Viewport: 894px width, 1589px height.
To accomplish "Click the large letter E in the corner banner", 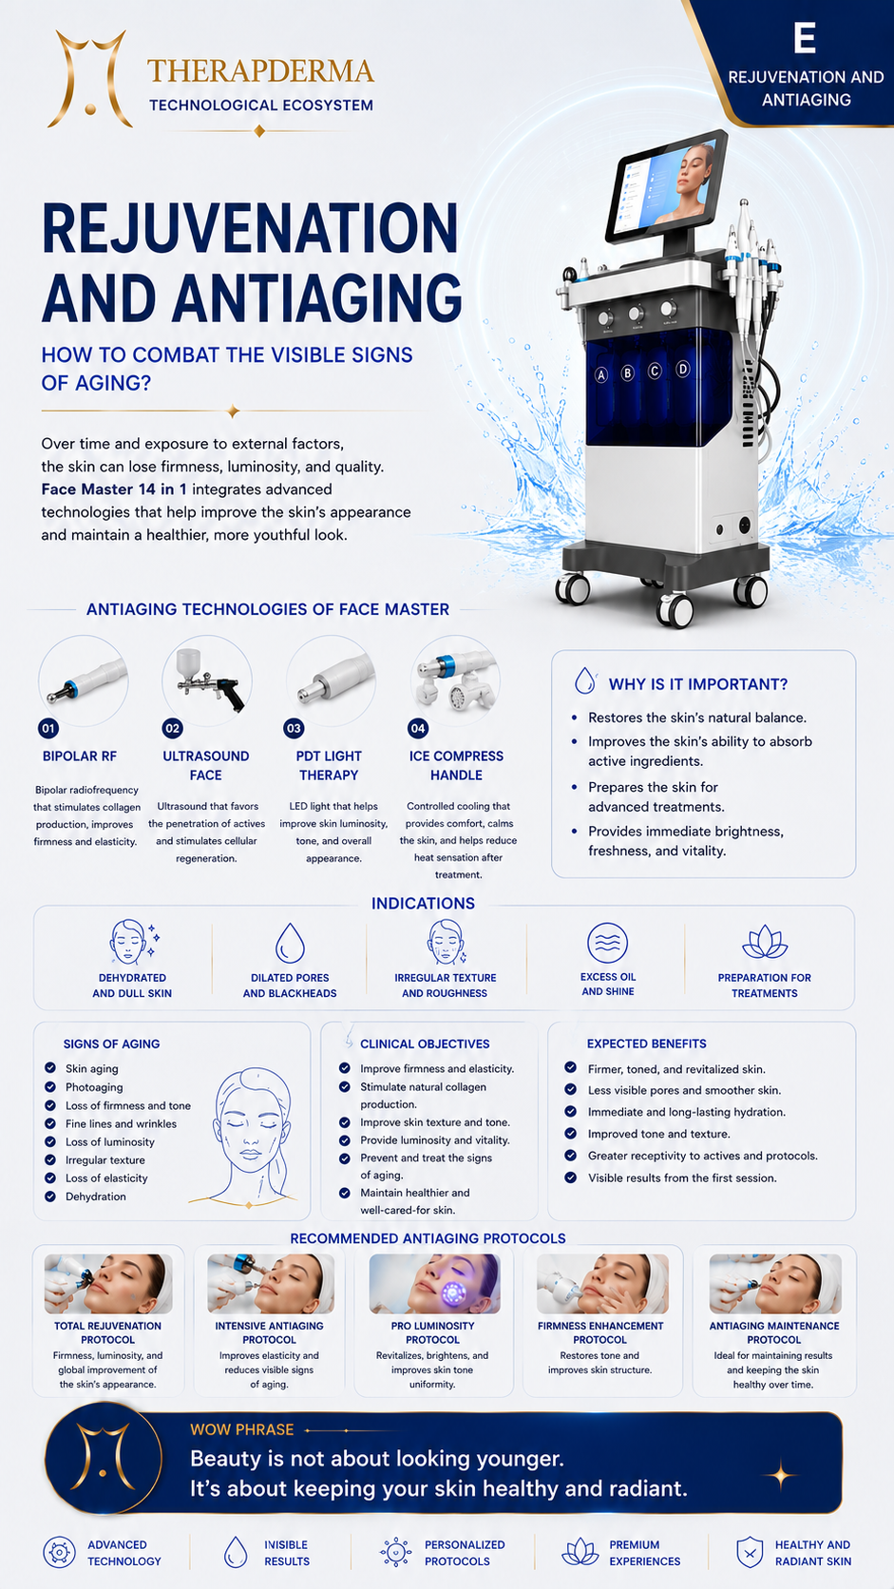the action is (805, 38).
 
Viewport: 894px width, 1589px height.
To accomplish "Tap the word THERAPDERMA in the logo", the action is (260, 71).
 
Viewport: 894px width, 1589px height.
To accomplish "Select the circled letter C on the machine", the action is (655, 371).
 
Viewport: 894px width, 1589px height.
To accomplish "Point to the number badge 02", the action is (172, 728).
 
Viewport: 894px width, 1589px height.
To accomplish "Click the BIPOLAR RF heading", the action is (80, 756).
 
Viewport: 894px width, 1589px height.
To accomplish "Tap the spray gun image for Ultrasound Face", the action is (210, 680).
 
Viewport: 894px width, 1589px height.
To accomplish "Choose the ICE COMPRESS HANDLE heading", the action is (457, 765).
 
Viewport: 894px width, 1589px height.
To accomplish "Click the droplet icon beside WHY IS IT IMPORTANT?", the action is (585, 680).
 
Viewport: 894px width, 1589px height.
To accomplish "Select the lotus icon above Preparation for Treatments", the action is (764, 943).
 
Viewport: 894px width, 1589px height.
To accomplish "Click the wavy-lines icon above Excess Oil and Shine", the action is (608, 944).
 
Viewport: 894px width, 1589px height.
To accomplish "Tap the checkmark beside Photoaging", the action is (50, 1086).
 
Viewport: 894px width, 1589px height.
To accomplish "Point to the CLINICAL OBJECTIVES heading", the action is (425, 1043).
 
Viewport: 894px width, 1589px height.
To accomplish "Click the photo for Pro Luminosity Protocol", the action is (434, 1283).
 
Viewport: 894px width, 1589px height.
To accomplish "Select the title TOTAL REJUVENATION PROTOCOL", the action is (107, 1332).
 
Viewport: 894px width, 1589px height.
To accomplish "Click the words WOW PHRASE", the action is (241, 1429).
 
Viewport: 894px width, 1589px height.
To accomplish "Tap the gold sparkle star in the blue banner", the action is (781, 1476).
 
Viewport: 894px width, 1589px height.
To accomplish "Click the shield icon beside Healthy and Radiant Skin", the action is (750, 1552).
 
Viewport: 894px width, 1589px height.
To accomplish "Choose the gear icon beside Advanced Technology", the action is (59, 1552).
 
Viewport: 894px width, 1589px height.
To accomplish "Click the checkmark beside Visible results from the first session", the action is (570, 1177).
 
